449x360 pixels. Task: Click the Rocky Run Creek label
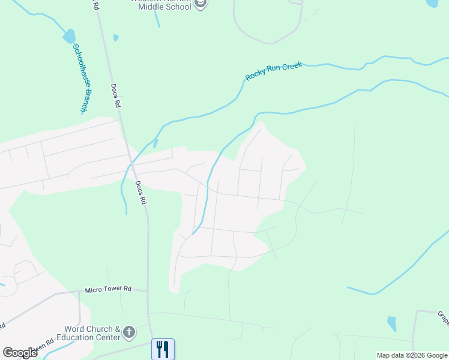click(273, 71)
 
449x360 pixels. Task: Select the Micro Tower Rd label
click(107, 289)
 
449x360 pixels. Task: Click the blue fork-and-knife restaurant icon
click(163, 349)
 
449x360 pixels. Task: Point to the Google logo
click(20, 352)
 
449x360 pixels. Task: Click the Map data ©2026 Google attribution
click(412, 355)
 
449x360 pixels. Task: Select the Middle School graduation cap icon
click(200, 4)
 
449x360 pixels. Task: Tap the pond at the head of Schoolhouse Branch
click(69, 37)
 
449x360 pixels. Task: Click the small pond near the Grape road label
click(392, 323)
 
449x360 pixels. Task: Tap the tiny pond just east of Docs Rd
click(116, 38)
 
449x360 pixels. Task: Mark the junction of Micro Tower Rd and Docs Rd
click(148, 291)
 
